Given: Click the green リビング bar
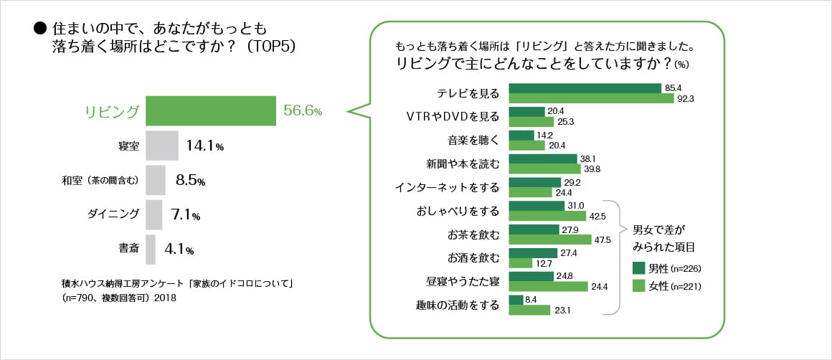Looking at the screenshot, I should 211,111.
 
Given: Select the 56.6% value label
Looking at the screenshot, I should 303,111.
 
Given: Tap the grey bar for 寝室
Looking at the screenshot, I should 161,146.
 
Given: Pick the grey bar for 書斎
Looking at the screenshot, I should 150,250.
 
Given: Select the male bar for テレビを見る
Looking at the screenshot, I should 585,88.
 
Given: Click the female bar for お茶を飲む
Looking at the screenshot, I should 550,240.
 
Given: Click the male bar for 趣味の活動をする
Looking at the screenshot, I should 516,300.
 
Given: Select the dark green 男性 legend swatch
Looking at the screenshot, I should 639,268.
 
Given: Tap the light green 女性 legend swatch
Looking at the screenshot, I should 639,286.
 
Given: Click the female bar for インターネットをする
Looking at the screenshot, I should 530,193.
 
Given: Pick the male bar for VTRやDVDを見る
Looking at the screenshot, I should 526,112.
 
